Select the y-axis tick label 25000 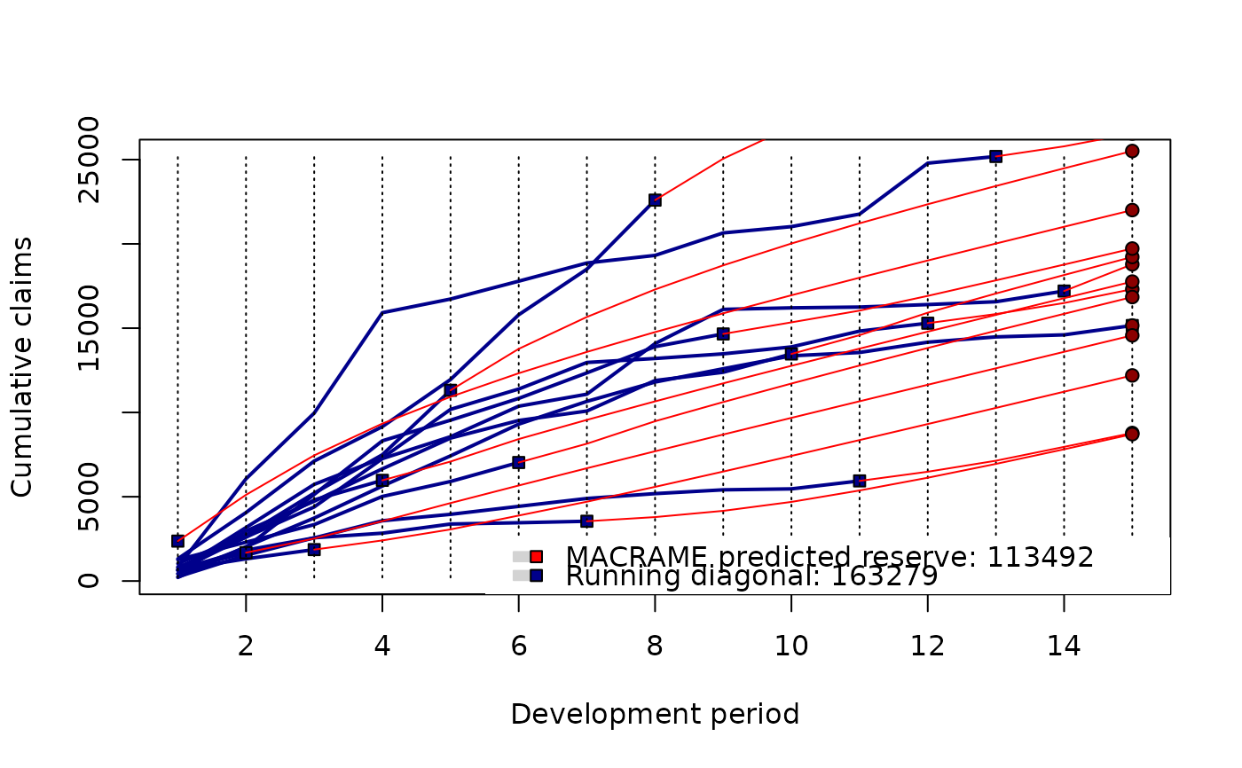pyautogui.click(x=89, y=161)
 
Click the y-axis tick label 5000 pyautogui.click(x=89, y=497)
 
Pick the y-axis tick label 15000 pyautogui.click(x=89, y=328)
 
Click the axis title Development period pyautogui.click(x=655, y=714)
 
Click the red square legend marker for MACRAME pyautogui.click(x=536, y=557)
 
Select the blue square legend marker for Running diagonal pyautogui.click(x=536, y=576)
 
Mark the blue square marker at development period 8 pyautogui.click(x=655, y=200)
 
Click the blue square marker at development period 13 pyautogui.click(x=995, y=156)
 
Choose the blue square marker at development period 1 pyautogui.click(x=177, y=541)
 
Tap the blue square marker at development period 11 pyautogui.click(x=859, y=481)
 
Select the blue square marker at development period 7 pyautogui.click(x=586, y=521)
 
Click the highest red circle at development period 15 pyautogui.click(x=1132, y=151)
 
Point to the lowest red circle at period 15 pyautogui.click(x=1132, y=434)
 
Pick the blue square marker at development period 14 pyautogui.click(x=1064, y=291)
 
